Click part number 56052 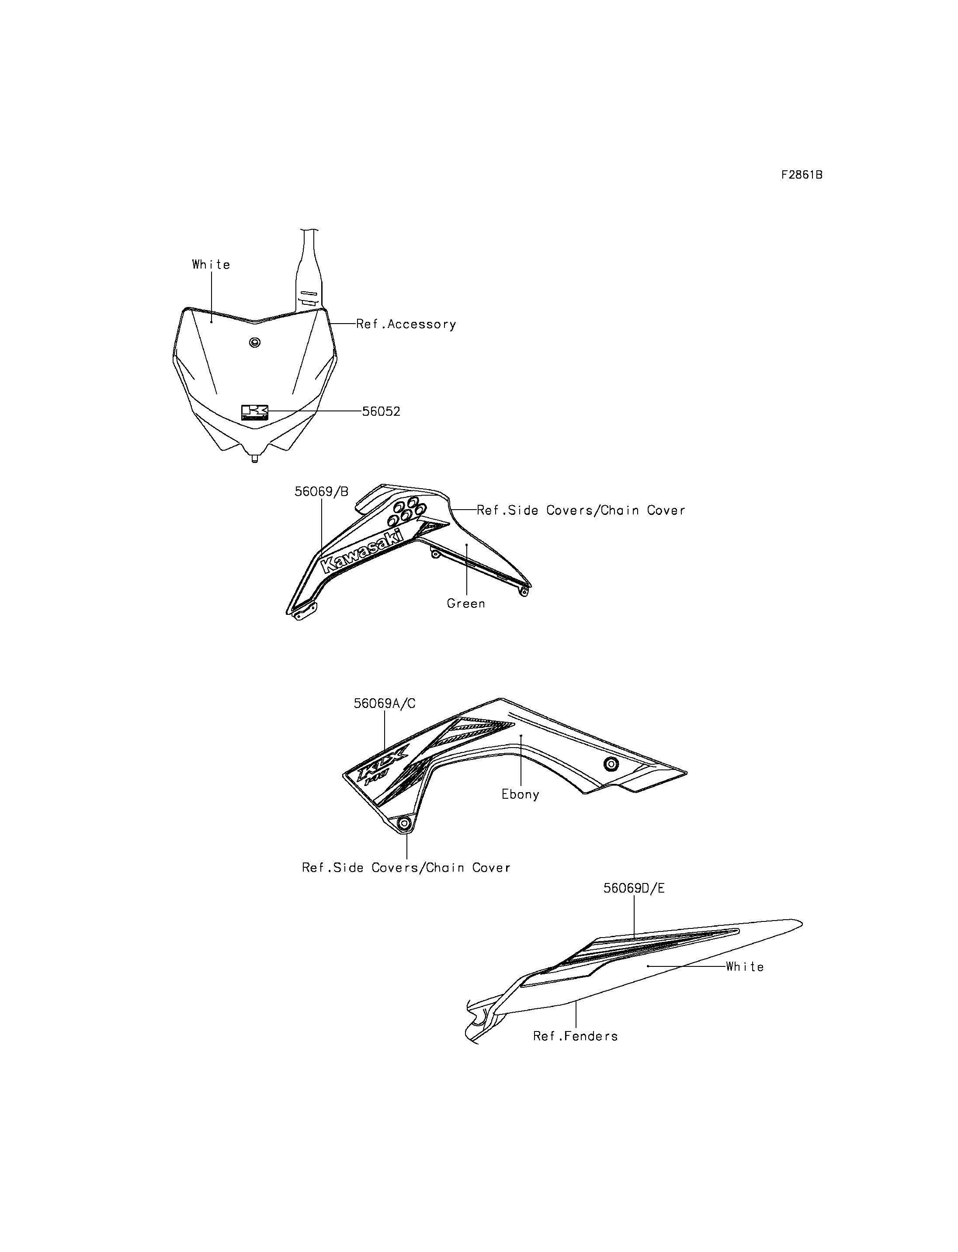point(381,411)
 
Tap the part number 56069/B point(321,491)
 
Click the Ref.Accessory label point(406,324)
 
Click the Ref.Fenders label point(576,1036)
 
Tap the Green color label point(466,604)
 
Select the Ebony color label point(520,794)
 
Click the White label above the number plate point(211,265)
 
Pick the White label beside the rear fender point(745,966)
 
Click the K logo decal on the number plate point(254,412)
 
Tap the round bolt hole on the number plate point(254,342)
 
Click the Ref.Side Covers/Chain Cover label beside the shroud point(580,510)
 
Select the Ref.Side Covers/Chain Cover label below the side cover point(406,867)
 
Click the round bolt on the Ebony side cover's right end point(611,764)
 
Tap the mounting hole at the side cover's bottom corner point(404,823)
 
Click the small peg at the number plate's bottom point(255,457)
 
